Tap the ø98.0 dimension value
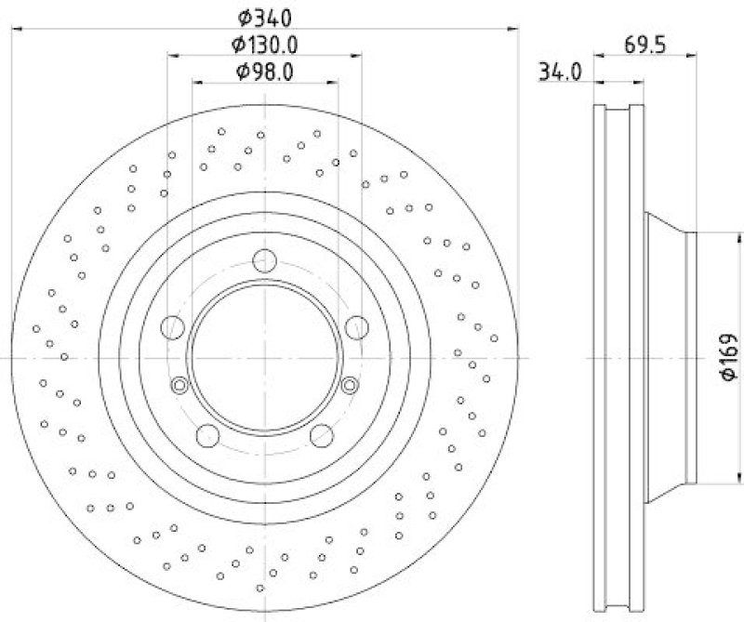pos(265,72)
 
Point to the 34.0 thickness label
pos(560,72)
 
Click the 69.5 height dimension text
pos(645,44)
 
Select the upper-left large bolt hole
pos(173,326)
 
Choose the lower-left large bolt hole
pos(207,434)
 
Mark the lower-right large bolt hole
pos(322,434)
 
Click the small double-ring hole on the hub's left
pos(180,385)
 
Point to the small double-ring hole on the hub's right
pos(350,385)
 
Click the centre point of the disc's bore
pos(265,357)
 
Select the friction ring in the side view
pos(618,357)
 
